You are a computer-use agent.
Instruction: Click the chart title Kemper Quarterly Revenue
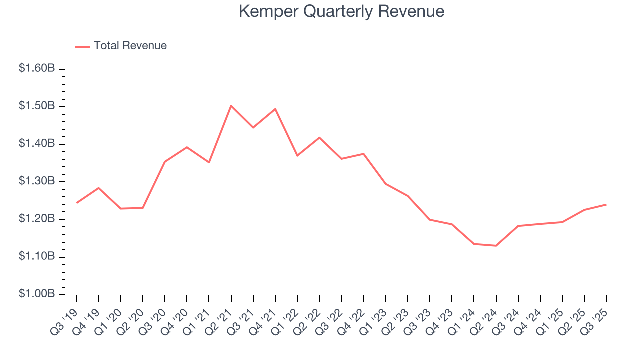[341, 11]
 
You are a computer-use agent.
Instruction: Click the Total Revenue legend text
[130, 46]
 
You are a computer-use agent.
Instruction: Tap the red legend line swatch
[82, 46]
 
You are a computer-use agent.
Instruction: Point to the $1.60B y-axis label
[37, 68]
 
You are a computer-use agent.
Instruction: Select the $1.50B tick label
[37, 106]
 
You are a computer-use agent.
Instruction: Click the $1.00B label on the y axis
[37, 294]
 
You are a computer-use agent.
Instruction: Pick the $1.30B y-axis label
[37, 181]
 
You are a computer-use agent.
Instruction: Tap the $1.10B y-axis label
[37, 256]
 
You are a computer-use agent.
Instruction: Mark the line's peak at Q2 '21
[231, 106]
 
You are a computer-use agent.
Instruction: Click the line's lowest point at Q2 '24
[496, 246]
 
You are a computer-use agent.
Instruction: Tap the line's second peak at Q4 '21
[275, 109]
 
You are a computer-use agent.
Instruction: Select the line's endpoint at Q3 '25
[606, 204]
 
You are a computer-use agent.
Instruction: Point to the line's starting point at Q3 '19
[77, 203]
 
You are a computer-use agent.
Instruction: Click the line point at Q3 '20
[165, 162]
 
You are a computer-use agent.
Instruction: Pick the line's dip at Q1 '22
[297, 156]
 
